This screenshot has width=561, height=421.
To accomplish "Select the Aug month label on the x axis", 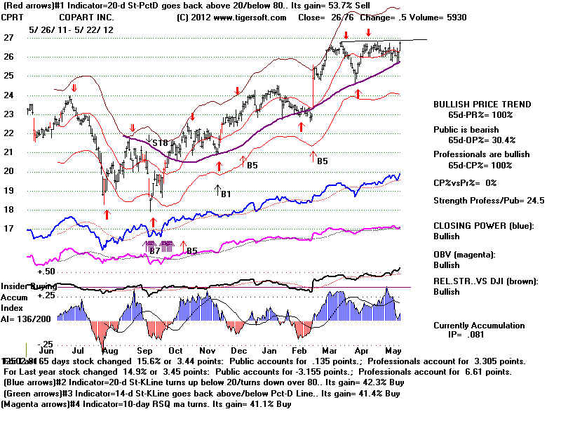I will click(x=109, y=349).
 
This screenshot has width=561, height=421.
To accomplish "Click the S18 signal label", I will click(x=160, y=143).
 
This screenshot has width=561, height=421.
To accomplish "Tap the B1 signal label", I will click(x=227, y=194).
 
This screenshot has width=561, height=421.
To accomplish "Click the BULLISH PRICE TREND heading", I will click(x=482, y=105).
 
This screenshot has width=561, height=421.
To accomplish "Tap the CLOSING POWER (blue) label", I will click(x=484, y=225).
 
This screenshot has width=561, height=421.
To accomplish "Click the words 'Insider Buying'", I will click(x=25, y=286).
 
